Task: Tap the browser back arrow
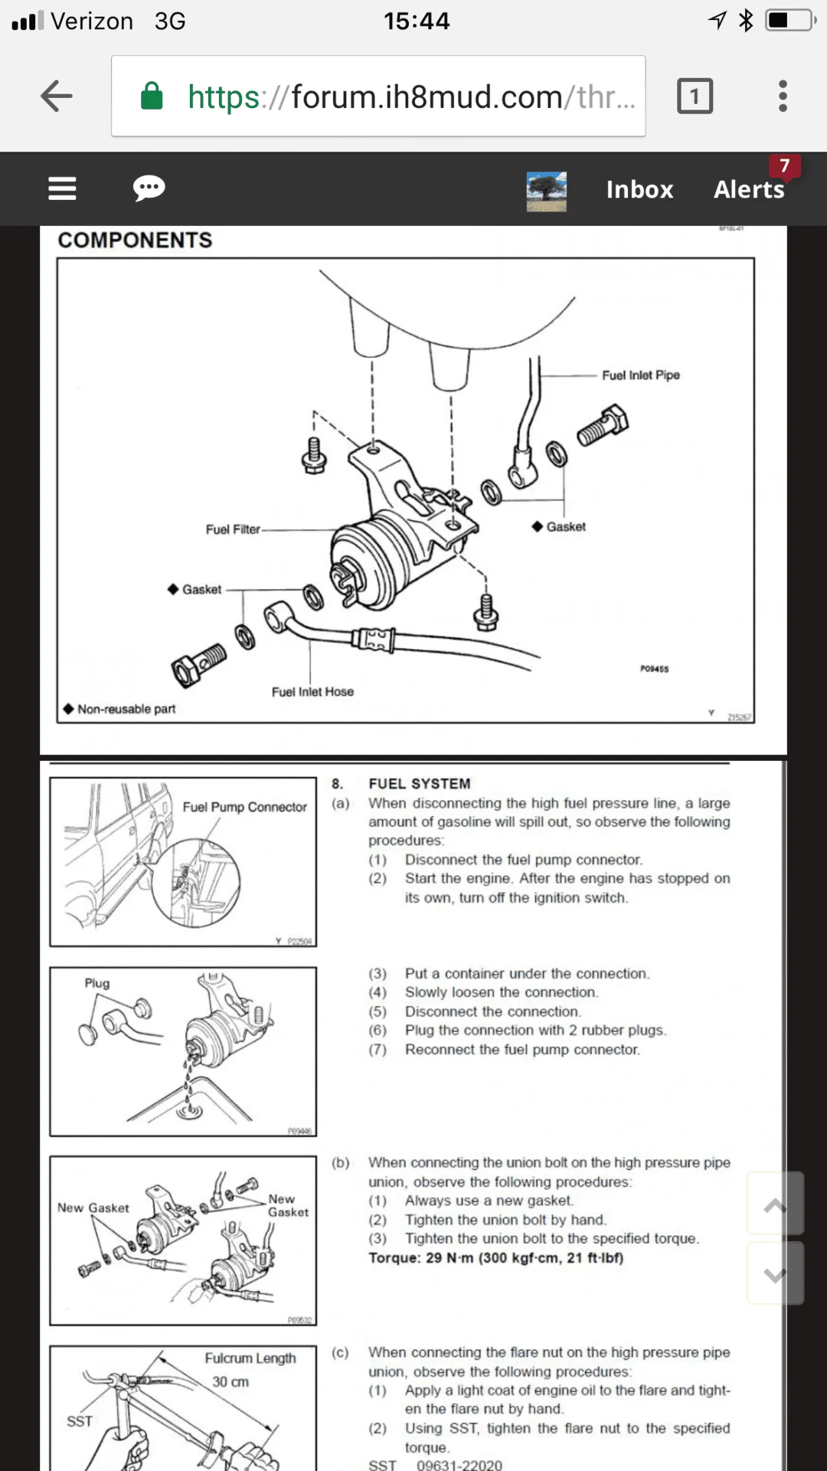coord(57,97)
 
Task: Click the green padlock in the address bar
coord(152,97)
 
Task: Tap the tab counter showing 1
coord(695,97)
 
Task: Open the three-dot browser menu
coord(782,97)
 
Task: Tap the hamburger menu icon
coord(62,188)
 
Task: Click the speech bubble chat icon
coord(149,188)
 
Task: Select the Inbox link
coord(639,189)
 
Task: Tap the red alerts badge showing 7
coord(784,165)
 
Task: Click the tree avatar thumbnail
coord(547,191)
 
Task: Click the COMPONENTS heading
coord(135,241)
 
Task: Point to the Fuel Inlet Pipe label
coord(641,375)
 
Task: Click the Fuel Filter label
coord(233,529)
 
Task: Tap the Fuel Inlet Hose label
coord(312,692)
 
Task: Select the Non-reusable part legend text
coord(126,709)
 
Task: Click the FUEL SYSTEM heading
coord(420,784)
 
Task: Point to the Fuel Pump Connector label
coord(244,807)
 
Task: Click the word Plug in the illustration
coord(97,983)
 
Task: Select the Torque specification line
coord(495,1258)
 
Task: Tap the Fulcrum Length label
coord(250,1358)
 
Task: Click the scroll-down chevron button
coord(775,1275)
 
